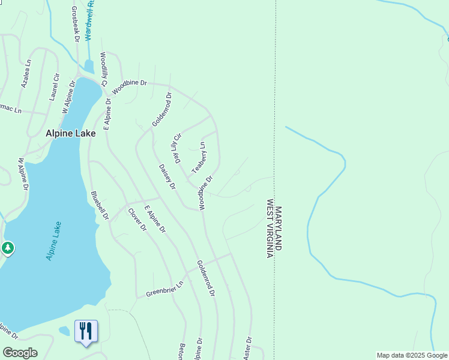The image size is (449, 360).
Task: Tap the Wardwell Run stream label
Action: tap(90, 20)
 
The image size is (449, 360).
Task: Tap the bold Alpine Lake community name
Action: tap(70, 134)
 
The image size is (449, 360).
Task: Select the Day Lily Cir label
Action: tap(177, 149)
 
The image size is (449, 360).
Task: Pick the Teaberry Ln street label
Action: tap(199, 157)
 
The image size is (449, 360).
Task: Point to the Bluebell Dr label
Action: tap(100, 206)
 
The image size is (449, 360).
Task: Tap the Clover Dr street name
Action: tap(137, 219)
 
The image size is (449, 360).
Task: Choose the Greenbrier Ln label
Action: tap(164, 289)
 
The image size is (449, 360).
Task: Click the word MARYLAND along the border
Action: tap(279, 229)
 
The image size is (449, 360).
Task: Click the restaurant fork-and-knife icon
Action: tap(86, 331)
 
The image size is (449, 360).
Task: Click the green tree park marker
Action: tap(7, 247)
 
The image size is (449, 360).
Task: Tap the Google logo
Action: tap(20, 353)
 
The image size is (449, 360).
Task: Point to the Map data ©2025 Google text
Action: tap(411, 355)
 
